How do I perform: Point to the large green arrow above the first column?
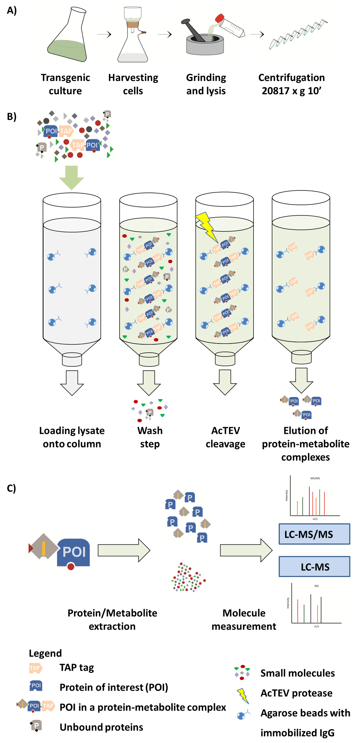pos(71,177)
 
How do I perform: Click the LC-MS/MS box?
pos(314,534)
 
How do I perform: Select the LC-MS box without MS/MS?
pos(314,567)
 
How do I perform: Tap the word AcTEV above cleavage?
pos(225,431)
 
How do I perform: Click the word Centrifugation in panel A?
pos(291,78)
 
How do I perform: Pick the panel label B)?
pos(12,116)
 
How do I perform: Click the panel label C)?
pos(12,488)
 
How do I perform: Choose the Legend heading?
pos(45,653)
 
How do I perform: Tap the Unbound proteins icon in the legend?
pos(36,726)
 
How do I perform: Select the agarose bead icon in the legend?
pos(243,714)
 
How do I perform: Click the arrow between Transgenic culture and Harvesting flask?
pos(104,35)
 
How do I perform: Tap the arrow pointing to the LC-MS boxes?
pos(246,550)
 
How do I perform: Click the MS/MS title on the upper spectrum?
pos(315,478)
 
